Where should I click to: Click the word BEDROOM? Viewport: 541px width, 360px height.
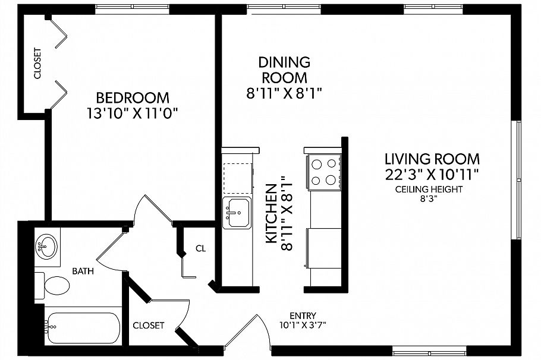coord(133,97)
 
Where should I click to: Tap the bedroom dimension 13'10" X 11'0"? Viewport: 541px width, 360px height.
coord(133,113)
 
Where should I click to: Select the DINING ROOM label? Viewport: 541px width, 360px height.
coord(284,70)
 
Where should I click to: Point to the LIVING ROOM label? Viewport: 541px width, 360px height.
coord(432,159)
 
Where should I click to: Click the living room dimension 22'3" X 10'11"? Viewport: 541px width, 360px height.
coord(432,174)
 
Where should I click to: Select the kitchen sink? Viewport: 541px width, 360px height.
coord(236,212)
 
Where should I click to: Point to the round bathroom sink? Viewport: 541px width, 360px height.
coord(47,245)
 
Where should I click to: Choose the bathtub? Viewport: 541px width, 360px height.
coord(83,327)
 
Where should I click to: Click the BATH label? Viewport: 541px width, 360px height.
coord(83,271)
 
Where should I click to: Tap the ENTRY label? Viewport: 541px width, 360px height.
coord(303,315)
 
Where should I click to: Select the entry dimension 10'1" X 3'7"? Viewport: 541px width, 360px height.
coord(303,325)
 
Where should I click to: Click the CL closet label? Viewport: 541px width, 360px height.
coord(200,248)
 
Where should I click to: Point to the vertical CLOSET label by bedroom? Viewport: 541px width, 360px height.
coord(37,64)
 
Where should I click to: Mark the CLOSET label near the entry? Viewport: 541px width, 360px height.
coord(148,326)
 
